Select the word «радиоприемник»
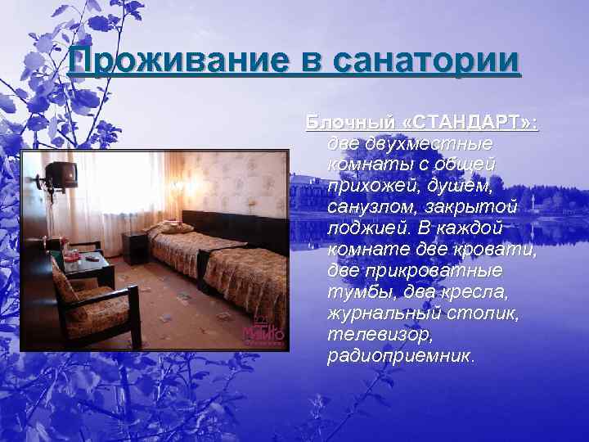pyautogui.click(x=398, y=356)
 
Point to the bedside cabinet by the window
pyautogui.click(x=134, y=241)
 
